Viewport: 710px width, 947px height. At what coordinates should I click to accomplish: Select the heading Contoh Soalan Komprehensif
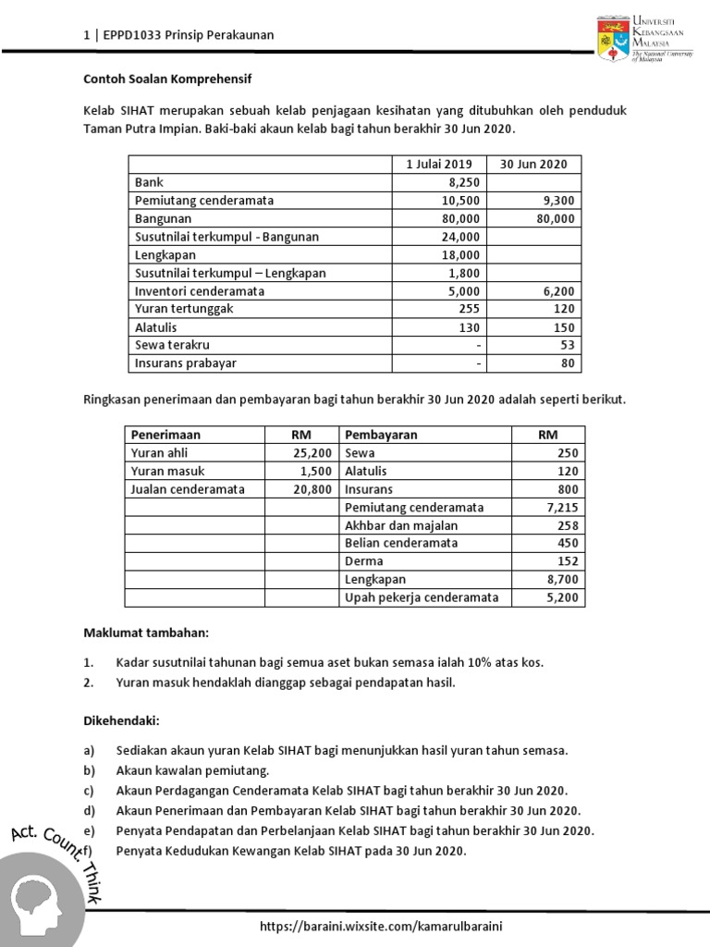pos(167,80)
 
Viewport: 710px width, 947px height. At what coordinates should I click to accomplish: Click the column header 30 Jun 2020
pos(533,165)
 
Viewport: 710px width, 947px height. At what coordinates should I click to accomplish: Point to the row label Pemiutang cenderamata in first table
pos(204,201)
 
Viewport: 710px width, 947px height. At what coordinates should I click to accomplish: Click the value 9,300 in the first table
pos(557,201)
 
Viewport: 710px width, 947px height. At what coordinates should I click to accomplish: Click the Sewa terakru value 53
pos(568,345)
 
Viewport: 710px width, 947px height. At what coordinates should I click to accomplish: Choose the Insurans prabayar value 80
pos(568,363)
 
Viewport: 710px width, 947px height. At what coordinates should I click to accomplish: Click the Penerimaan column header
pos(166,435)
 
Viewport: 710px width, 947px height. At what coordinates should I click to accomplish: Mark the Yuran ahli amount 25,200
pos(312,453)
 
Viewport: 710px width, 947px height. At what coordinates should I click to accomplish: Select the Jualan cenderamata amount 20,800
pos(312,489)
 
